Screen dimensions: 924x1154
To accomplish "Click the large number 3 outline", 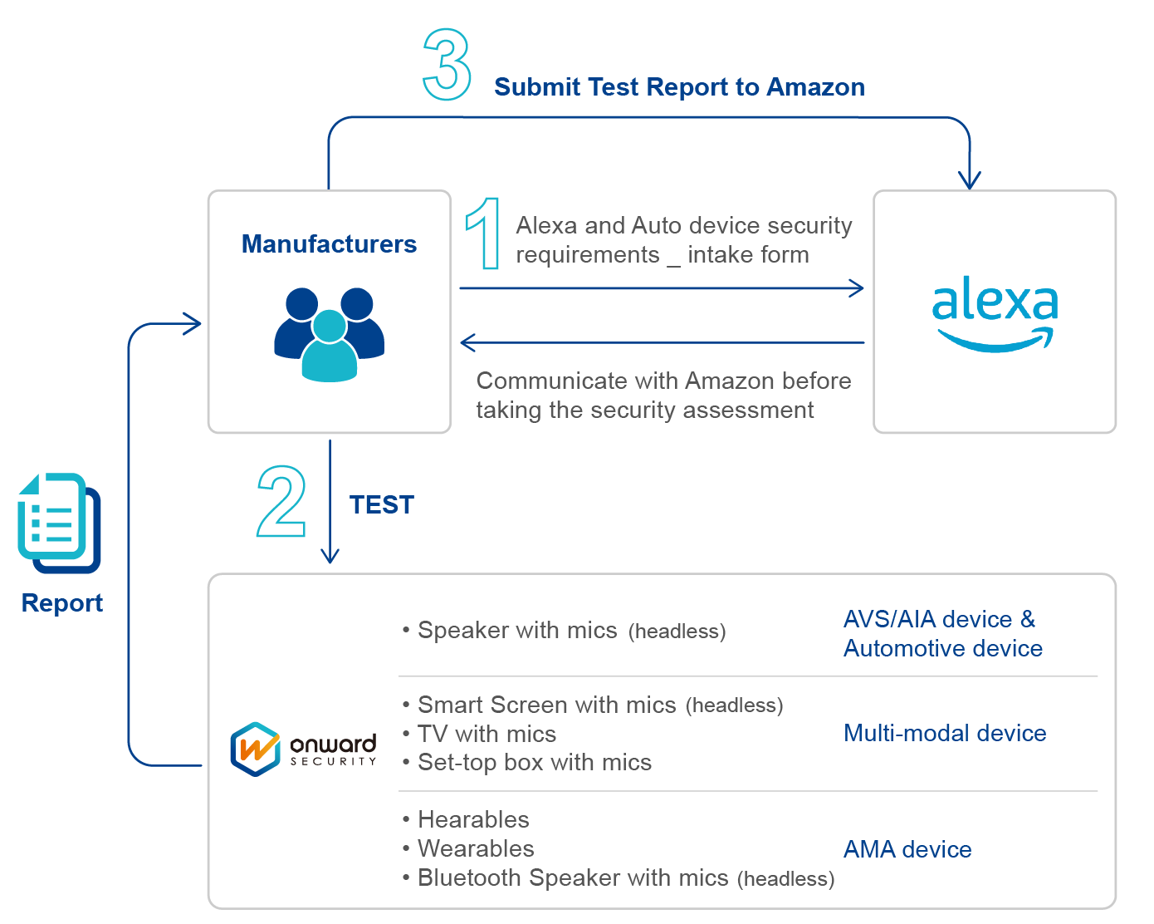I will click(x=447, y=65).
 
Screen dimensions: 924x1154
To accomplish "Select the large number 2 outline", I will click(x=281, y=502).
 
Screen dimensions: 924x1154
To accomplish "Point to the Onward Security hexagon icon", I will click(x=255, y=749).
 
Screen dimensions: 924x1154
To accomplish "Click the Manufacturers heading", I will click(x=329, y=244).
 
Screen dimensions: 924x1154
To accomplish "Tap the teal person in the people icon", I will click(x=330, y=349).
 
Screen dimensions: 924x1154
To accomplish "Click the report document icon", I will click(x=58, y=523).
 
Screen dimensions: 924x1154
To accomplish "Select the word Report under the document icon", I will click(x=62, y=603).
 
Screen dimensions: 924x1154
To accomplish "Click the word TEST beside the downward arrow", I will click(x=381, y=505).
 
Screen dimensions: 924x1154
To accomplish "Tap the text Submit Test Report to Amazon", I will click(x=678, y=87).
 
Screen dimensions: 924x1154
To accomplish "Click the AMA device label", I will click(x=907, y=849).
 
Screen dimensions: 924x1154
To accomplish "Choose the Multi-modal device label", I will click(x=944, y=733).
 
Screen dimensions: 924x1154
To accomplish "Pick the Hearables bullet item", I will click(x=472, y=820).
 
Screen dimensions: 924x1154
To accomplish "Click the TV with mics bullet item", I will click(x=486, y=734).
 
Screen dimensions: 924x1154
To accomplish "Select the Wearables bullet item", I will click(x=475, y=849).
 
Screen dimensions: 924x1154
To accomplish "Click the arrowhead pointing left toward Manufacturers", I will click(x=467, y=342).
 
